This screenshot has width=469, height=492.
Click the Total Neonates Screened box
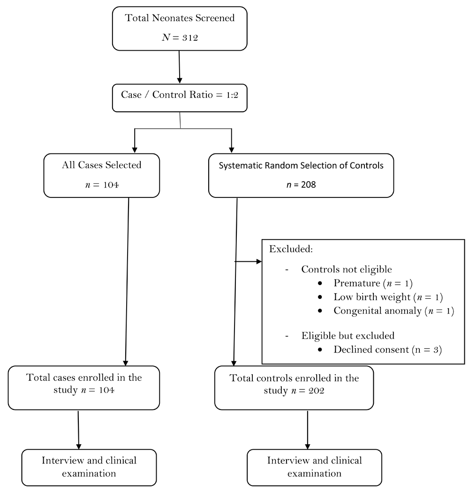[x=180, y=29]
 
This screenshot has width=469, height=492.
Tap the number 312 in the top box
[x=190, y=38]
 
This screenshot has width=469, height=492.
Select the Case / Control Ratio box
[x=180, y=98]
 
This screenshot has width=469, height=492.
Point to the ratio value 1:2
[x=232, y=95]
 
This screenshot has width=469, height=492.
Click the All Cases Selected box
[x=102, y=175]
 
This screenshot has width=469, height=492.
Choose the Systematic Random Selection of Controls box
[x=301, y=175]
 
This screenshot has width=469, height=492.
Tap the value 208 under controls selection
[x=309, y=184]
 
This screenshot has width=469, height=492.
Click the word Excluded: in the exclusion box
[x=291, y=249]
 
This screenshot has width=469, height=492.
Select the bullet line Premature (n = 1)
[x=373, y=283]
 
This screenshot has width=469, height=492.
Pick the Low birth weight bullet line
[x=388, y=297]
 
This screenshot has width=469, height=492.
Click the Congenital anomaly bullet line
[x=393, y=311]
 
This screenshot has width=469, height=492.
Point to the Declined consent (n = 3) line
[x=388, y=350]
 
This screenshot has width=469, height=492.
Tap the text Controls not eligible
[x=347, y=269]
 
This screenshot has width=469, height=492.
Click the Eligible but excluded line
[x=348, y=336]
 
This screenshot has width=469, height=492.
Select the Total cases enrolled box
[x=84, y=388]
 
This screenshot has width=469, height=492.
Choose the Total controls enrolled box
[x=294, y=388]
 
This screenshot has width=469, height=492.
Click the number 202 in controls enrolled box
[x=316, y=391]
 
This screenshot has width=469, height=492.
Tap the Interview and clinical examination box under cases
[x=89, y=468]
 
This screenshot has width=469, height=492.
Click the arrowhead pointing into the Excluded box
[x=259, y=261]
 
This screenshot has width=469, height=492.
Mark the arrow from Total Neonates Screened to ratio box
[x=180, y=67]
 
